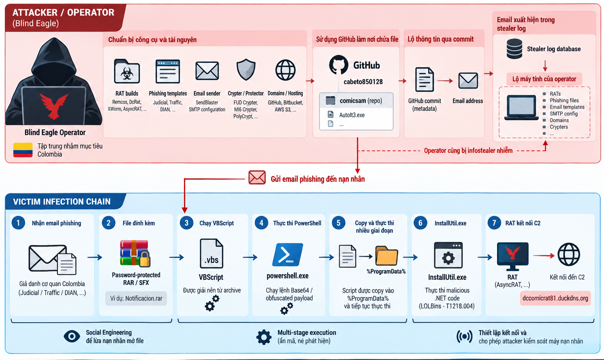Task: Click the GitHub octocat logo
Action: pyautogui.click(x=339, y=65)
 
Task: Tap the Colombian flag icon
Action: pyautogui.click(x=23, y=150)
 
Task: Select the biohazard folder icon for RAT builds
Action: pyautogui.click(x=127, y=71)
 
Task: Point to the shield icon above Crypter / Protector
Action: pyautogui.click(x=246, y=70)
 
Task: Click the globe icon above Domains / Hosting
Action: pyautogui.click(x=285, y=70)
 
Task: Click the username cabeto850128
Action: pyautogui.click(x=363, y=82)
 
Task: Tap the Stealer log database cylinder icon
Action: pyautogui.click(x=514, y=49)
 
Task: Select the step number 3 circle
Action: pyautogui.click(x=186, y=223)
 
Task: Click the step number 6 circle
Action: pyautogui.click(x=420, y=223)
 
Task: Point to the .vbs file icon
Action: pyautogui.click(x=212, y=253)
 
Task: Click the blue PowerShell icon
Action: pyautogui.click(x=288, y=255)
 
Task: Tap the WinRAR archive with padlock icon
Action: pyautogui.click(x=135, y=253)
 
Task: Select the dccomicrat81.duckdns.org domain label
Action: pyautogui.click(x=555, y=298)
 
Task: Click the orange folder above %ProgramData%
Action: pyautogui.click(x=387, y=256)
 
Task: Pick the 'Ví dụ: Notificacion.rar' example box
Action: pyautogui.click(x=136, y=298)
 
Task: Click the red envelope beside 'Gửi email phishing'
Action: pyautogui.click(x=257, y=178)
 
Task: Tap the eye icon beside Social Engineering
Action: pyautogui.click(x=72, y=336)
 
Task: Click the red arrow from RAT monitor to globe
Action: pyautogui.click(x=543, y=255)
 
